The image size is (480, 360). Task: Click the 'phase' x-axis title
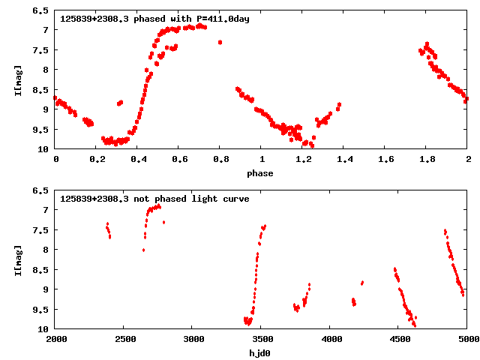[261, 173]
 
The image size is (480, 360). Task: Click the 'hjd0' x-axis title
[261, 353]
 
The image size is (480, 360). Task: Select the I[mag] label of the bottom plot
[18, 259]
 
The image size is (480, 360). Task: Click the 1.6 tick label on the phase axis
[385, 160]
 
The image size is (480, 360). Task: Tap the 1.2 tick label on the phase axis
[302, 160]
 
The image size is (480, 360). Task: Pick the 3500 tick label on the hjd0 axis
[261, 340]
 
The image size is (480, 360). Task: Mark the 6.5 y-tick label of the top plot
[42, 10]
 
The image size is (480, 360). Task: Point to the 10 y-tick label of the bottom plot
[44, 329]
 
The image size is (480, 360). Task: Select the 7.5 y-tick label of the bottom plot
[42, 230]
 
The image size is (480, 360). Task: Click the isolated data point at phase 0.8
[220, 42]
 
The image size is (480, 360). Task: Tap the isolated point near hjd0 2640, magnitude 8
[143, 250]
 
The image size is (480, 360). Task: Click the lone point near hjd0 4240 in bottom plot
[362, 283]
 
